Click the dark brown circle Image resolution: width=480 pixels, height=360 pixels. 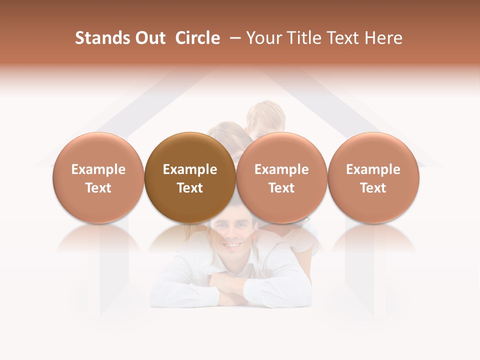pyautogui.click(x=190, y=178)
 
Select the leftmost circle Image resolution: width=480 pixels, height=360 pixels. pyautogui.click(x=98, y=178)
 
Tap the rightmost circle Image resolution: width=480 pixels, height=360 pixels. pyautogui.click(x=373, y=178)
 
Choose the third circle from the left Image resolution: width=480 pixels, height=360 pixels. pyautogui.click(x=281, y=178)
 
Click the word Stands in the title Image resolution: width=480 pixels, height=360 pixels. pyautogui.click(x=101, y=38)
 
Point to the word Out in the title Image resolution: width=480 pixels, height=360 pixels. pyautogui.click(x=149, y=38)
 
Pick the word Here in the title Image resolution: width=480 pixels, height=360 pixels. pyautogui.click(x=384, y=38)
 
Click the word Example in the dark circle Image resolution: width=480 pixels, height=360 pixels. pyautogui.click(x=190, y=169)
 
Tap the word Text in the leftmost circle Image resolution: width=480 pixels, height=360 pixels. pyautogui.click(x=98, y=188)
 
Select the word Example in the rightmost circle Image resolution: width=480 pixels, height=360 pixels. pyautogui.click(x=373, y=169)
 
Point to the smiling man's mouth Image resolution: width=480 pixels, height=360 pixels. pyautogui.click(x=231, y=244)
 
